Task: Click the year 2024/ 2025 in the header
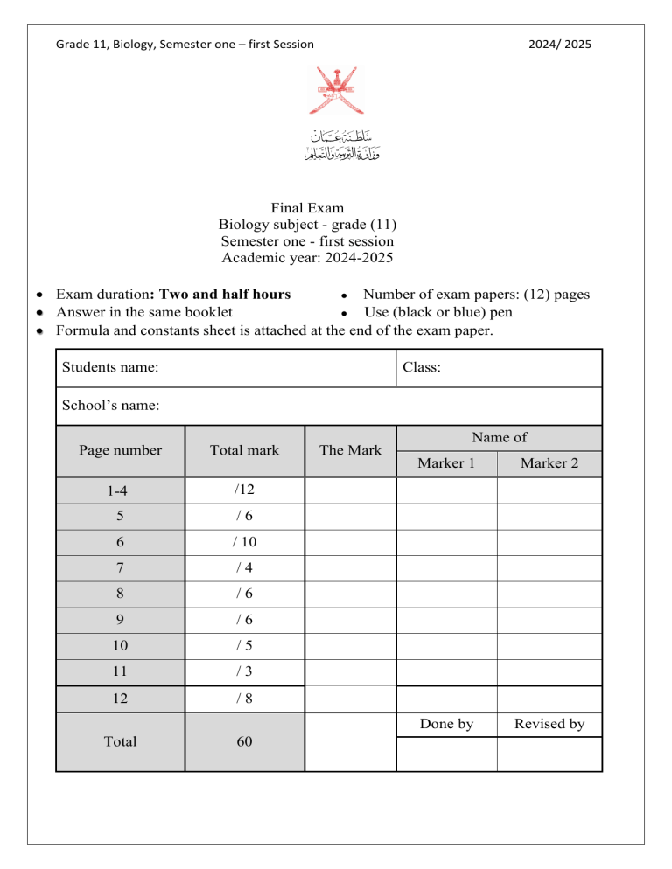(561, 44)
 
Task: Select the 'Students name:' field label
(110, 368)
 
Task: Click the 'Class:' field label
(422, 368)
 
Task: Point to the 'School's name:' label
(109, 406)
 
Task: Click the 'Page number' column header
(120, 450)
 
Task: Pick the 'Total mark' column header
(244, 450)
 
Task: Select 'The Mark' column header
(350, 450)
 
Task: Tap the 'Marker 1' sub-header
(446, 463)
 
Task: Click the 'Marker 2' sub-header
(549, 463)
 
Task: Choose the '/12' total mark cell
(244, 490)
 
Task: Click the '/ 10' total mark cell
(244, 542)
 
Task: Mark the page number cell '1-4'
(120, 491)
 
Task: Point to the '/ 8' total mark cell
(244, 698)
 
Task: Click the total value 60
(244, 741)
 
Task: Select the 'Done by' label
(446, 724)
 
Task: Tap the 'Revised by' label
(549, 724)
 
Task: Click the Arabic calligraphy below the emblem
(336, 146)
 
